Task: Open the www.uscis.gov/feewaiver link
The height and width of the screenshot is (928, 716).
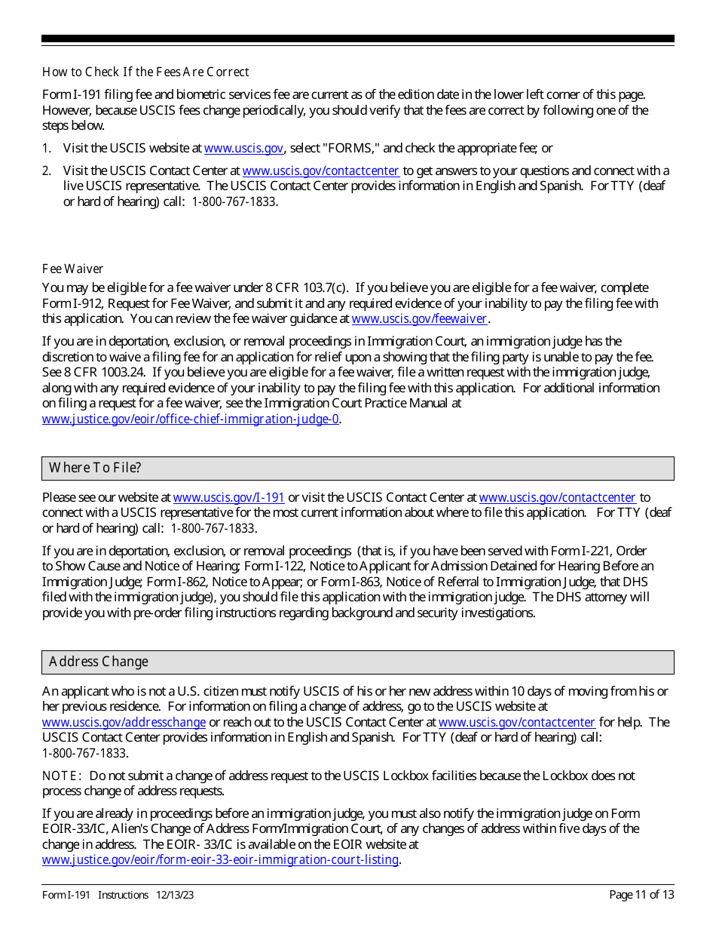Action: pos(419,319)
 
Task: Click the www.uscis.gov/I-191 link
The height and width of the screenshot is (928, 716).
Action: pos(228,498)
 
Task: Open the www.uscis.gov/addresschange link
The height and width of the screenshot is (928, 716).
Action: pos(124,723)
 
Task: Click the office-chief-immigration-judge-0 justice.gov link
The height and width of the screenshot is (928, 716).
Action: pos(190,419)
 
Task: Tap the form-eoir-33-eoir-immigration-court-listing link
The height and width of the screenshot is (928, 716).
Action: pos(219,860)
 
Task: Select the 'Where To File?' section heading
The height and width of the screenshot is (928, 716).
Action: pos(95,468)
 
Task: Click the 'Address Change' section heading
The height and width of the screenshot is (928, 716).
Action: pos(99,662)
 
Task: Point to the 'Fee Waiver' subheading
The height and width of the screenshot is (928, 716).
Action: pos(72,269)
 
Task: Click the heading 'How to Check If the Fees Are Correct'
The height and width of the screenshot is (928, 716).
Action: pos(145,72)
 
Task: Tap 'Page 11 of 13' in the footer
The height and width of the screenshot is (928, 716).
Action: pos(641,896)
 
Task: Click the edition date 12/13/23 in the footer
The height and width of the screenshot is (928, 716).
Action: pos(176,896)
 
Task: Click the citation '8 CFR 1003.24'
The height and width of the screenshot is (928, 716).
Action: pos(104,373)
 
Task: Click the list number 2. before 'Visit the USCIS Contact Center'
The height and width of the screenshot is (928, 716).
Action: pos(47,171)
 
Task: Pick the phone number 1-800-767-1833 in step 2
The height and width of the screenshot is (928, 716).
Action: pos(234,202)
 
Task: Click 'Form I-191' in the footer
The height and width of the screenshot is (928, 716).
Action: pos(66,896)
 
